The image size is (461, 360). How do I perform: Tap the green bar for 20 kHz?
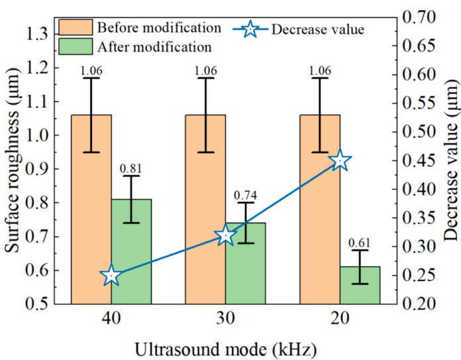360,285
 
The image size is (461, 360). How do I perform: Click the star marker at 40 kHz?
111,276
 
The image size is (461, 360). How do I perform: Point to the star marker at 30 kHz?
226,235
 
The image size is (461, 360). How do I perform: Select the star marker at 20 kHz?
340,160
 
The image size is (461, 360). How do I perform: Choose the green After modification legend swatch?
75,46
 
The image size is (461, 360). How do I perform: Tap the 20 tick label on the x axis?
340,320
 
